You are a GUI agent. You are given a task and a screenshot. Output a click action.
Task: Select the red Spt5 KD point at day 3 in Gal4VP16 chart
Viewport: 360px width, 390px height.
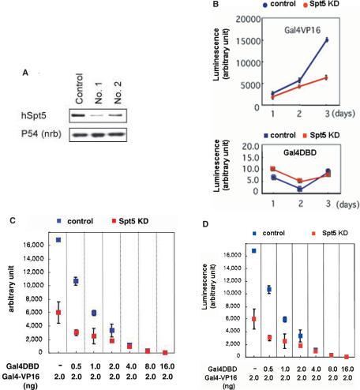tap(326, 77)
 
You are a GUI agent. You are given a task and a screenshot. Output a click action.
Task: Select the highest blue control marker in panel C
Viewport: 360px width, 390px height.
tap(58, 239)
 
